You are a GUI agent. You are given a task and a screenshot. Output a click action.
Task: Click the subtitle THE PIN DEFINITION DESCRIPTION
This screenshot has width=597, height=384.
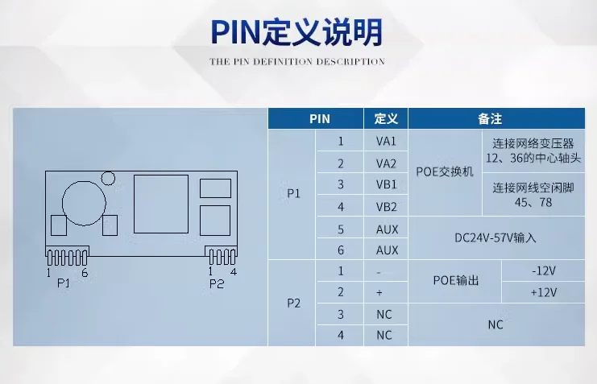coord(297,61)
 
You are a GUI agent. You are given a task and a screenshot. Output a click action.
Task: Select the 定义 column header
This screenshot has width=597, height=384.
coord(386,118)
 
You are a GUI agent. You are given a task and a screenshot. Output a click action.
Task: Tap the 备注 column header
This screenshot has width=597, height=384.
coord(490,118)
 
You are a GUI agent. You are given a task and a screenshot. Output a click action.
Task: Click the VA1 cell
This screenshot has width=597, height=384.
coord(386,141)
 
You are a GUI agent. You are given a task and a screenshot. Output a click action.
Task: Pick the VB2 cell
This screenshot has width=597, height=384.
coord(386,207)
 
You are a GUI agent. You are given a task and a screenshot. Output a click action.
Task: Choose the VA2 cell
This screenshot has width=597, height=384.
coord(386,163)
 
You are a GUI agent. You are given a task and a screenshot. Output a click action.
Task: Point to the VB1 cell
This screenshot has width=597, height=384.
coord(386,185)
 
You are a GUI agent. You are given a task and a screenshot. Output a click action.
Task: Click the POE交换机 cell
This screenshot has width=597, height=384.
coord(445,173)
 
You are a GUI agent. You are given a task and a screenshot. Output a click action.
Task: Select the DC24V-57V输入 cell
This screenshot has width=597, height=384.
coord(495,238)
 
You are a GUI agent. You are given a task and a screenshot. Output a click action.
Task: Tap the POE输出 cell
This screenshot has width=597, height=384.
coord(455,281)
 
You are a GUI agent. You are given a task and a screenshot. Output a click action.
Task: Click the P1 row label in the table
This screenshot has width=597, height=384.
coord(292,195)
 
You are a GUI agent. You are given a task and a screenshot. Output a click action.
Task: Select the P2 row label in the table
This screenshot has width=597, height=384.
coord(292,303)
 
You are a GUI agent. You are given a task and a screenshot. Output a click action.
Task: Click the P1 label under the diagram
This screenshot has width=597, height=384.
coord(63,284)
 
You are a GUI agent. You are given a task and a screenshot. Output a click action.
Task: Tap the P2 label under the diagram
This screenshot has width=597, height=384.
coord(216,284)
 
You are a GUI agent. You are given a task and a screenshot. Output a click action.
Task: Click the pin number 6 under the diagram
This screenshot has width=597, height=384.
coord(85,273)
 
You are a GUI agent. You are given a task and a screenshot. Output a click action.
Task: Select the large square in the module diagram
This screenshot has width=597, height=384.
coord(161,204)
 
